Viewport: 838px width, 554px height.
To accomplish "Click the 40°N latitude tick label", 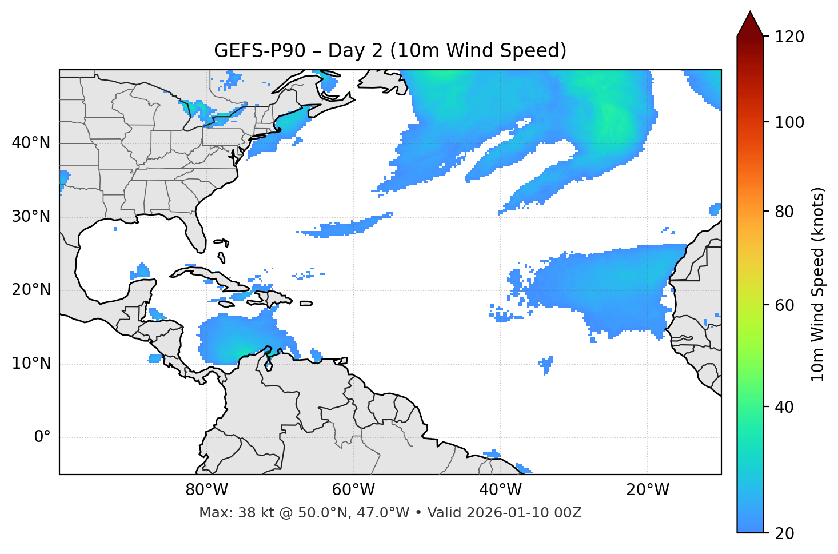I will [31, 143].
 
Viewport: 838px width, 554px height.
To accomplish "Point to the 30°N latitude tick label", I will [31, 217].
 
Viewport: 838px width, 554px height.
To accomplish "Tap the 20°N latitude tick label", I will [31, 290].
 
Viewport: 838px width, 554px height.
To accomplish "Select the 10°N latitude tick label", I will [31, 364].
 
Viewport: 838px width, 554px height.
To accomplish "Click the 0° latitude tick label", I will [42, 437].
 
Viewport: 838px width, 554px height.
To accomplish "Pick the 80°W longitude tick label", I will [206, 490].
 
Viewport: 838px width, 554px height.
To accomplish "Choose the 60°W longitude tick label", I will [353, 490].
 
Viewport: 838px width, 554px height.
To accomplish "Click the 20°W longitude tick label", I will [648, 490].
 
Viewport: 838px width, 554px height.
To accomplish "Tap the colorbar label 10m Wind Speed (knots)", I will [818, 284].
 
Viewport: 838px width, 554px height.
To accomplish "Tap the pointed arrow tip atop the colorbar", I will [750, 14].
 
